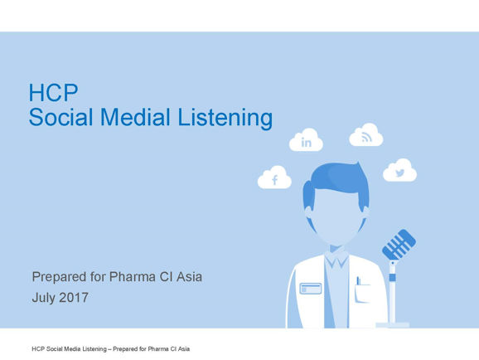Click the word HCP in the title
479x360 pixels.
pos(53,92)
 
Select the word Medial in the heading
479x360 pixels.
pos(135,117)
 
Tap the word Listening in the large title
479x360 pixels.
pos(225,118)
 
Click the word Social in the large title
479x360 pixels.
pos(60,117)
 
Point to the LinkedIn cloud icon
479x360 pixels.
pos(306,140)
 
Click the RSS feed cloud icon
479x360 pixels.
pos(366,135)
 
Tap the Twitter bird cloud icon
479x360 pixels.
pos(399,170)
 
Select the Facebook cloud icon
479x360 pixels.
pos(274,178)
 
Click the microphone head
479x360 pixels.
pos(399,245)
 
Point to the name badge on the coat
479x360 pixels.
pos(311,289)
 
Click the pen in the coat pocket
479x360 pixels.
pos(358,280)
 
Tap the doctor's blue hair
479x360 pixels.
pos(336,183)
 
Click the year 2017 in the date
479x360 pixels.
pos(74,298)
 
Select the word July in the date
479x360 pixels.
pos(44,298)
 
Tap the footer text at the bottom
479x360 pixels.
pos(110,348)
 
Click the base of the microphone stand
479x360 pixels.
pos(392,325)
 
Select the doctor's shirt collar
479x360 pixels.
pos(336,260)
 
